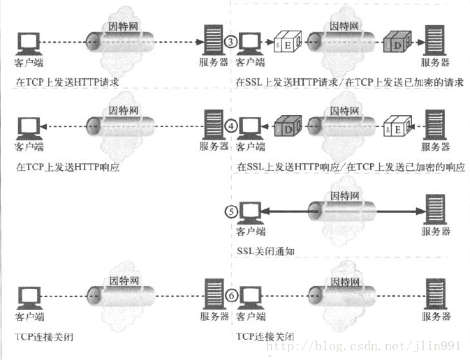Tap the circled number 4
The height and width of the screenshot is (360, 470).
(x=230, y=127)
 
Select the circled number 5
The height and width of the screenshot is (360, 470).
(x=230, y=211)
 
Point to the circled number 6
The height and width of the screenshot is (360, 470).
(x=230, y=296)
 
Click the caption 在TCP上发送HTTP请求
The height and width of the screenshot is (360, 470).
(x=67, y=82)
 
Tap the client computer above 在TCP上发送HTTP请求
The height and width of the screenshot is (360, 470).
(x=28, y=42)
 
